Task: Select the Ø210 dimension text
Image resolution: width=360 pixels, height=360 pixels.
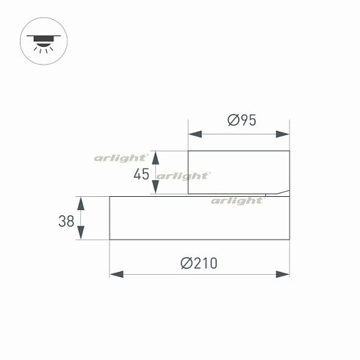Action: pyautogui.click(x=199, y=262)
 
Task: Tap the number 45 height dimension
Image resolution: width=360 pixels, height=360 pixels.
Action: pyautogui.click(x=142, y=174)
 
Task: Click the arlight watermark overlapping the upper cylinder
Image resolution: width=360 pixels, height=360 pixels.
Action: pyautogui.click(x=183, y=176)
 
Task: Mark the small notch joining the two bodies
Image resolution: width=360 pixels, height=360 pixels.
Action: pyautogui.click(x=284, y=195)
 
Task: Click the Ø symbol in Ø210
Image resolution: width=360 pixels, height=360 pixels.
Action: pyautogui.click(x=186, y=262)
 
